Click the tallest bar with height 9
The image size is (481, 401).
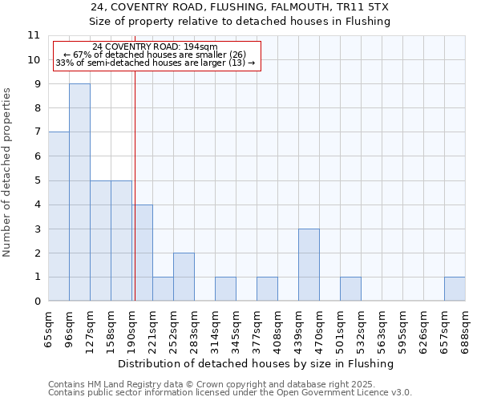coord(79,192)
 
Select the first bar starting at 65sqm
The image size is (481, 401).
coord(59,217)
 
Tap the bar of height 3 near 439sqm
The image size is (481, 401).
coord(309,265)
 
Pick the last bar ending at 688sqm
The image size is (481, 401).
coord(455,290)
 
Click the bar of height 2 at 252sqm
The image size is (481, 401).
coord(184,277)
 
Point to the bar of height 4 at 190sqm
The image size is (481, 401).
coord(142,253)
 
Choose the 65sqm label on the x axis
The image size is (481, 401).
coord(49,329)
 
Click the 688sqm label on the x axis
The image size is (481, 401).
coord(466,329)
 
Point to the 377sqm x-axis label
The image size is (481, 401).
coord(257,329)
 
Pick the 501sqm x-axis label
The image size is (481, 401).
coord(341,329)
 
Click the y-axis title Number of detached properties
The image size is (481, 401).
coord(7,172)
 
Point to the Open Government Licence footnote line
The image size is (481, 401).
coord(230,393)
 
